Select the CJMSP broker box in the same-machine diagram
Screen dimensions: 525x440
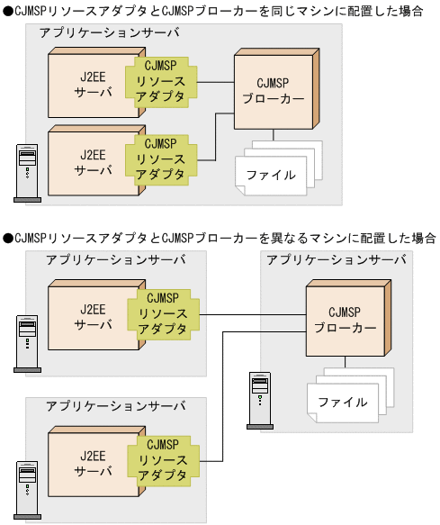[270, 93]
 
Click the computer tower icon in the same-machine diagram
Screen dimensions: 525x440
[29, 171]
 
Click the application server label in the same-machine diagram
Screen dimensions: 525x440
[109, 32]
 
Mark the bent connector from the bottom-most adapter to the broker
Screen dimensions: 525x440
[224, 396]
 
